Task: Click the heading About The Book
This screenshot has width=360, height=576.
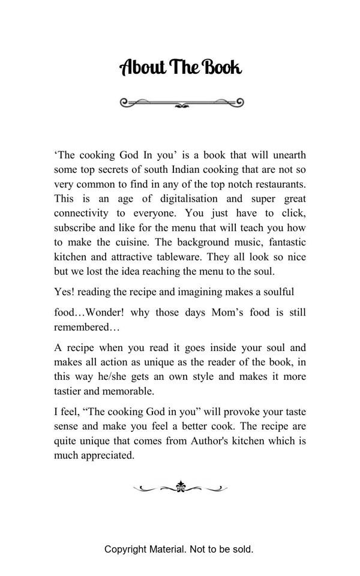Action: [181, 67]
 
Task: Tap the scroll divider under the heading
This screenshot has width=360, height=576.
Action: [182, 103]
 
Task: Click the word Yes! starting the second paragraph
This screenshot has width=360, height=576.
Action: [65, 292]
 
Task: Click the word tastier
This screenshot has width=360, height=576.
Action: [70, 391]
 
